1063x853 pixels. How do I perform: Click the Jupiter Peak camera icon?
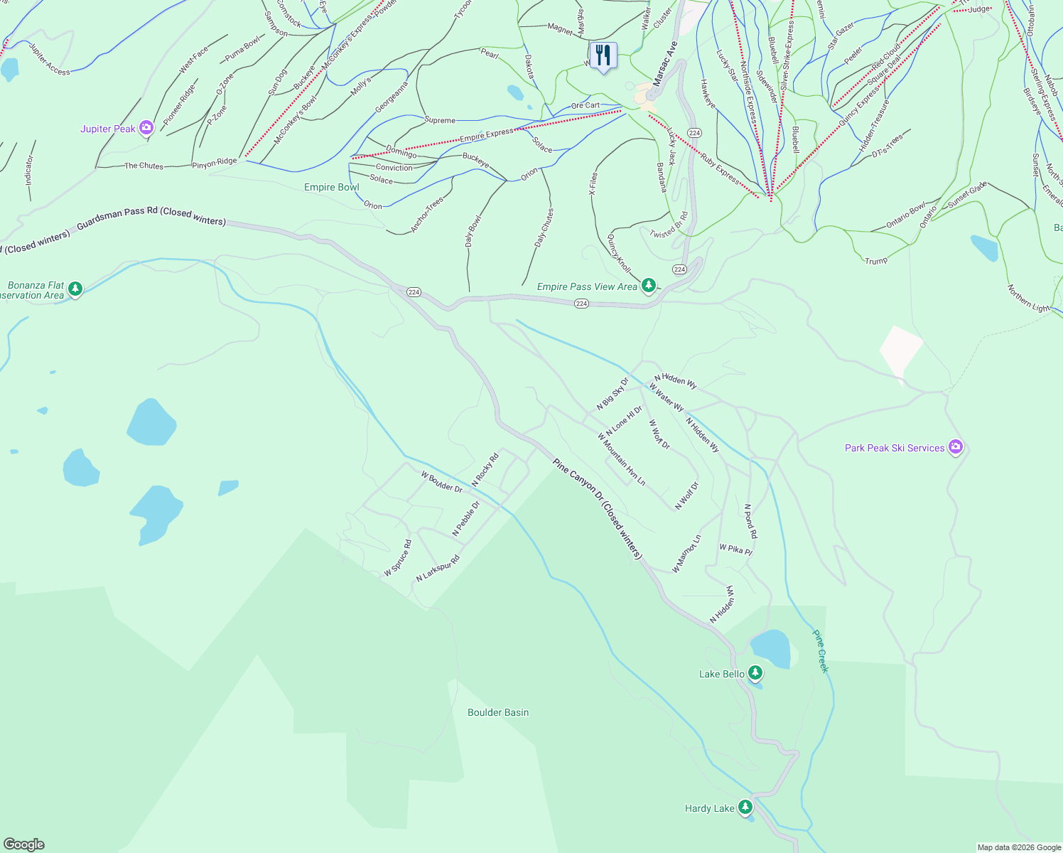(146, 128)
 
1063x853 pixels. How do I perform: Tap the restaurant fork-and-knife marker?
(603, 55)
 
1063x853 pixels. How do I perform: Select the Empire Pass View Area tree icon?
(648, 286)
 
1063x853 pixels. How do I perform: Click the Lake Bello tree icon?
(755, 673)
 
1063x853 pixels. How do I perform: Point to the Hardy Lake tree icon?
(745, 808)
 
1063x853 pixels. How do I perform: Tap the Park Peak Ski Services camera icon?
(956, 447)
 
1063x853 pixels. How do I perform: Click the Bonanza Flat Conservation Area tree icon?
(75, 289)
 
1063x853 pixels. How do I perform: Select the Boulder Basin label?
(498, 712)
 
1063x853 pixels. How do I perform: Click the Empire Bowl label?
(332, 187)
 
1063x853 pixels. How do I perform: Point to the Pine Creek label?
(821, 651)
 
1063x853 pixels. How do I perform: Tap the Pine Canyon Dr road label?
(598, 508)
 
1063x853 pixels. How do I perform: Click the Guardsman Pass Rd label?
(151, 217)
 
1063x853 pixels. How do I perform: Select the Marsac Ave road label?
(666, 64)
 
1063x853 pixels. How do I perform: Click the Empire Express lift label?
(486, 135)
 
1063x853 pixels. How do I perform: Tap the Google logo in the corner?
(24, 844)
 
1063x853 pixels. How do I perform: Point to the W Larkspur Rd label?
(438, 567)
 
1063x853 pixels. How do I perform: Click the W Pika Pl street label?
(735, 549)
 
